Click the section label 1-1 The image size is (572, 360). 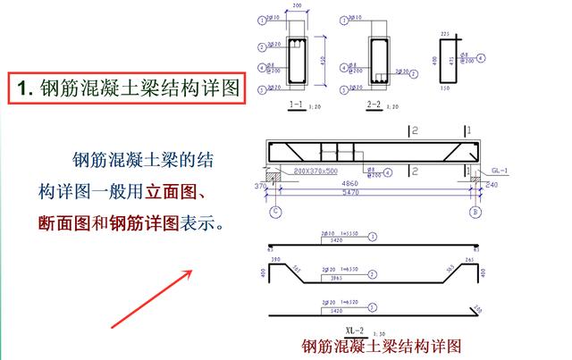[297, 105]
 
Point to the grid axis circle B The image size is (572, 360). [475, 213]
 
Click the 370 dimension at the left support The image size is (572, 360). [261, 185]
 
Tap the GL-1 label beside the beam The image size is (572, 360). [499, 170]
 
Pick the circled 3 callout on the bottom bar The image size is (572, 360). [372, 306]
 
